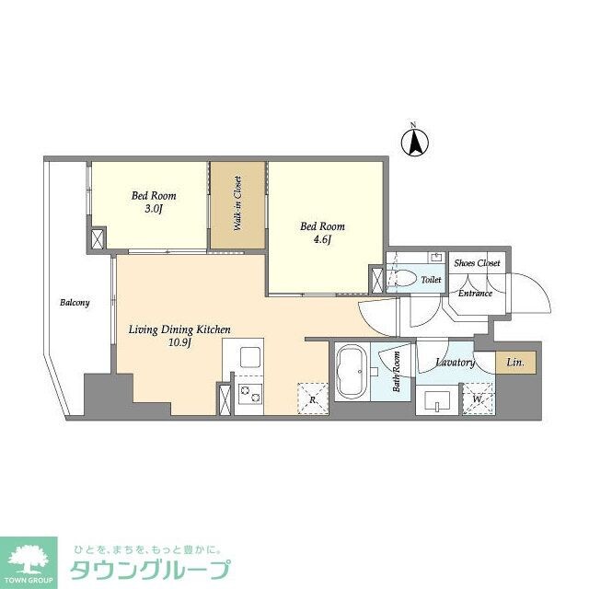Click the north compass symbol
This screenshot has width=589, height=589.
[x=414, y=141]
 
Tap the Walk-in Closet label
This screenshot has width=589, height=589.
[x=237, y=202]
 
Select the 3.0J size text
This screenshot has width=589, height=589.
[x=153, y=209]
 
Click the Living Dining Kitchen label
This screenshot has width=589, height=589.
[x=179, y=329]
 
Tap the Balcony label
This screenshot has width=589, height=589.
[x=75, y=302]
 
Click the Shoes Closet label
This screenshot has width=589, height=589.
[x=477, y=263]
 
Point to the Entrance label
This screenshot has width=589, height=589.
[x=475, y=294]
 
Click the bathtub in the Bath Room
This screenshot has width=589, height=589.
[x=351, y=372]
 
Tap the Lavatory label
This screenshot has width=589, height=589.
[x=455, y=363]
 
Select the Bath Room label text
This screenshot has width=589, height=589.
[x=398, y=372]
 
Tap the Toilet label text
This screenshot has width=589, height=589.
[x=432, y=279]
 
